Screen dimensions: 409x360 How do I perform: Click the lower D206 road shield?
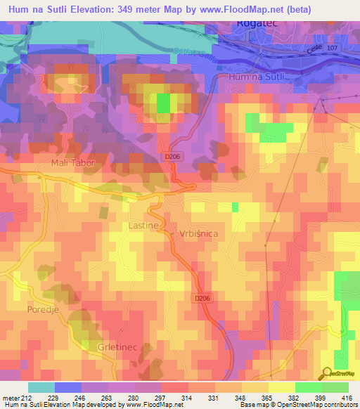point(202,298)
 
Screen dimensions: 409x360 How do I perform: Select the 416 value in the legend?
point(348,398)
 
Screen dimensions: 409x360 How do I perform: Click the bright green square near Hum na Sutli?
point(163,103)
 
